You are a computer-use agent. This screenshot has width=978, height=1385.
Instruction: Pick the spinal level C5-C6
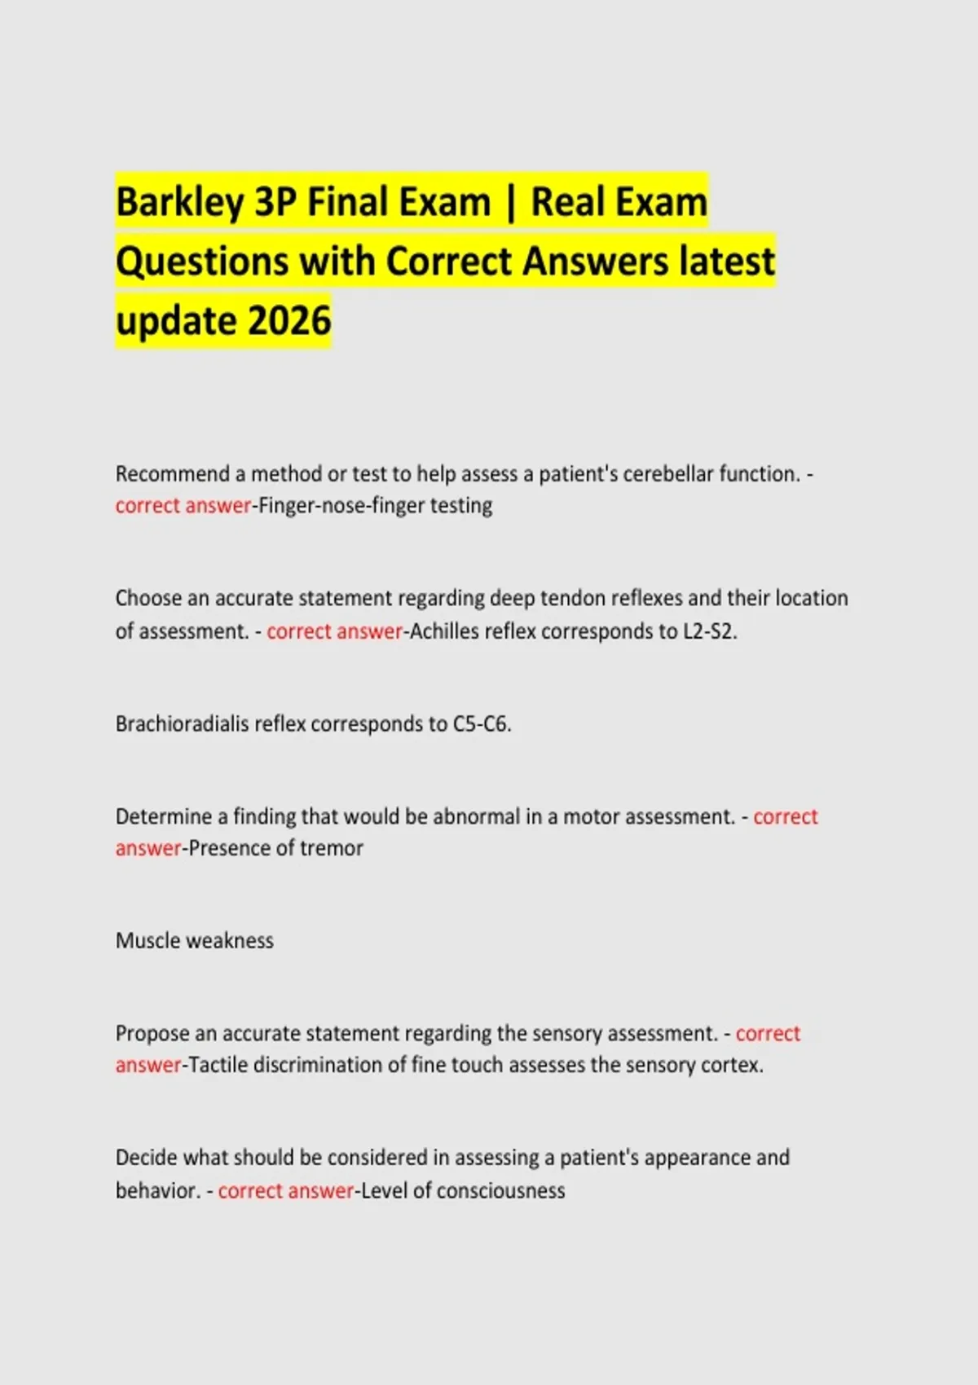point(482,723)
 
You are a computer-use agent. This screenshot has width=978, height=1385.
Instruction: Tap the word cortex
point(735,1065)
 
